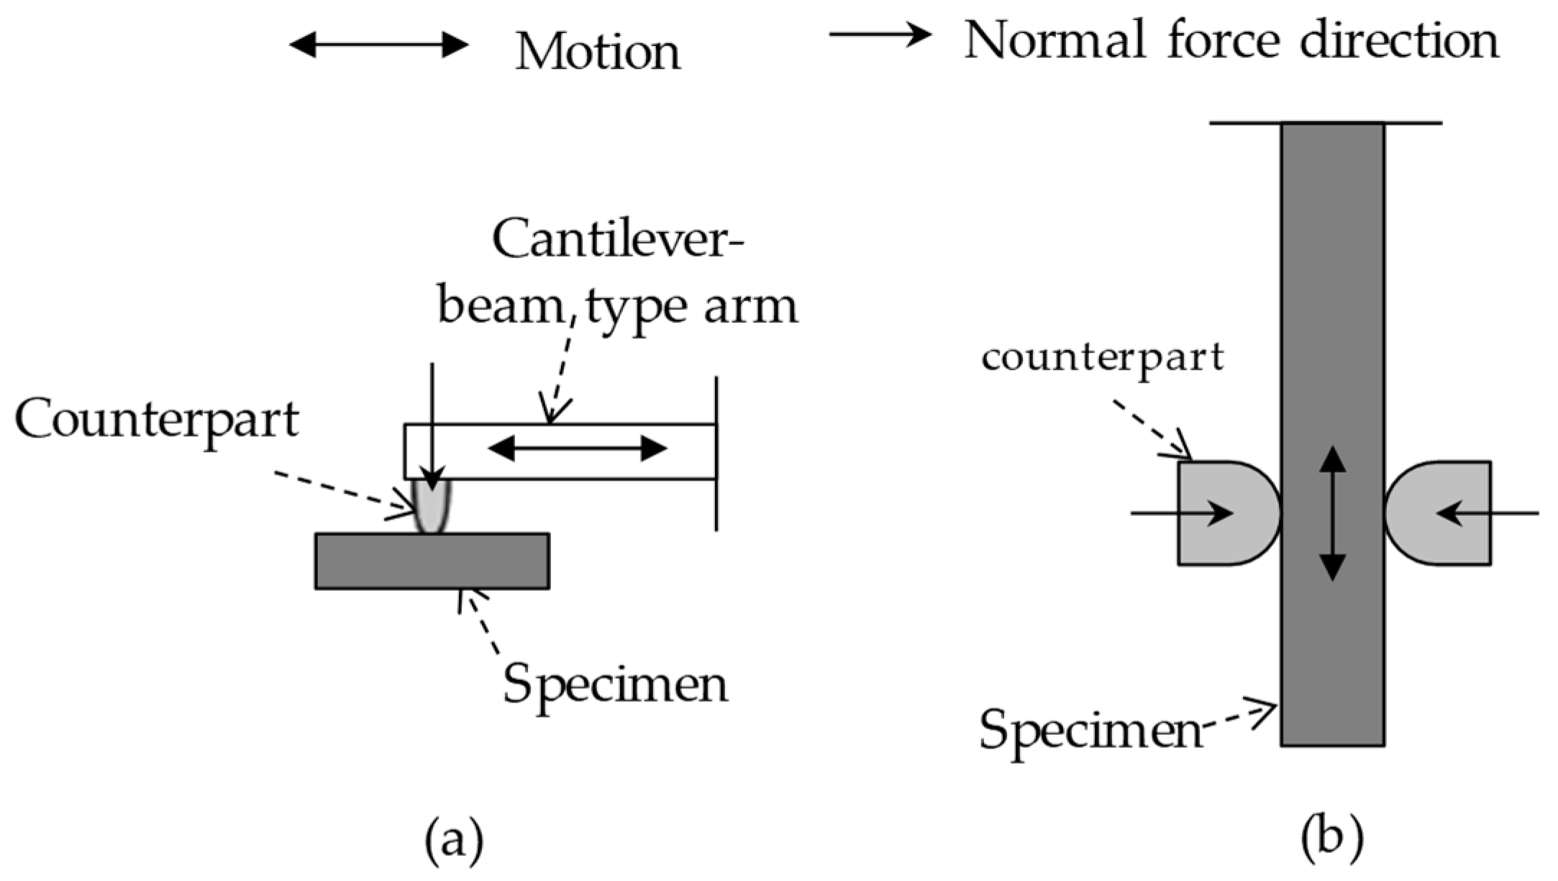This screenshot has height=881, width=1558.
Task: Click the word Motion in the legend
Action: [598, 52]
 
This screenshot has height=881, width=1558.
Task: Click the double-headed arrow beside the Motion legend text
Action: [378, 45]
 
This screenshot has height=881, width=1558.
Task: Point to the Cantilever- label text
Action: [619, 241]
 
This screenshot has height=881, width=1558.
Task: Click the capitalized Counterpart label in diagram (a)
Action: [156, 420]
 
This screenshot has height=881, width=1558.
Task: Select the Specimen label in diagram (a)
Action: [615, 684]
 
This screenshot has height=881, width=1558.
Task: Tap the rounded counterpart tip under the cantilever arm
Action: [432, 507]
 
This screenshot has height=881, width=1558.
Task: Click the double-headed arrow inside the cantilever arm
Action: [578, 449]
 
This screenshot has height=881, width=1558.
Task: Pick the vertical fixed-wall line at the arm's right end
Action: [716, 453]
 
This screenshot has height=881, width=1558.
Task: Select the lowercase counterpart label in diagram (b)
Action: [1102, 357]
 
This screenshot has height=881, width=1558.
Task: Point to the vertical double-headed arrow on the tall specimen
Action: [1333, 512]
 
